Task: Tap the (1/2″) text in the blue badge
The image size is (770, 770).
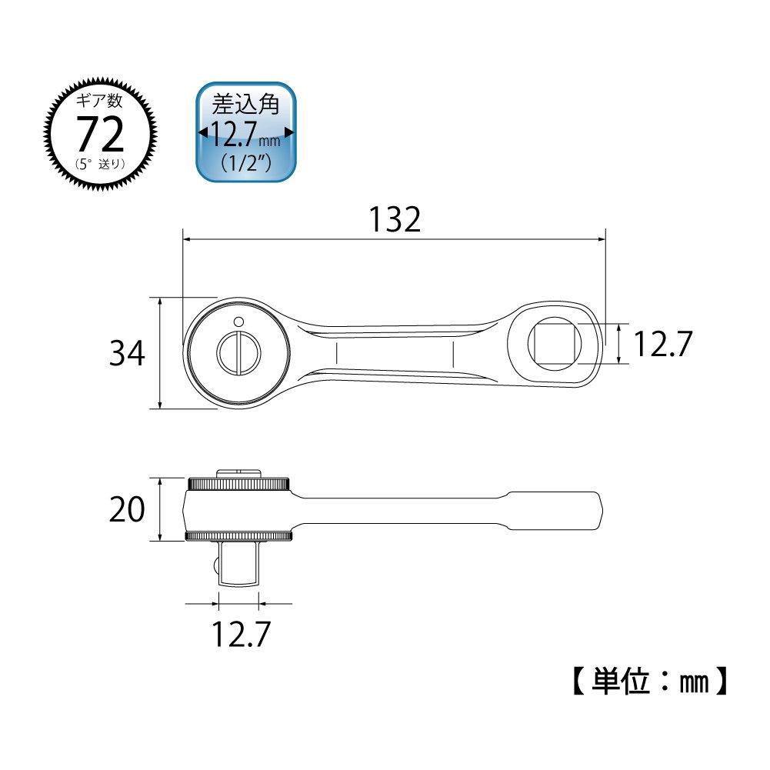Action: point(245,163)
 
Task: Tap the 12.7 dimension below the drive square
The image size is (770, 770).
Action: point(240,635)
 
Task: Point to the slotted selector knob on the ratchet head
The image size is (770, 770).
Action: point(238,353)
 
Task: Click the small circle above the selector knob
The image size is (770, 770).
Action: point(238,321)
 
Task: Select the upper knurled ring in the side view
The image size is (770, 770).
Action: point(238,484)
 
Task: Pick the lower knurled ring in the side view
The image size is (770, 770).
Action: point(238,536)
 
